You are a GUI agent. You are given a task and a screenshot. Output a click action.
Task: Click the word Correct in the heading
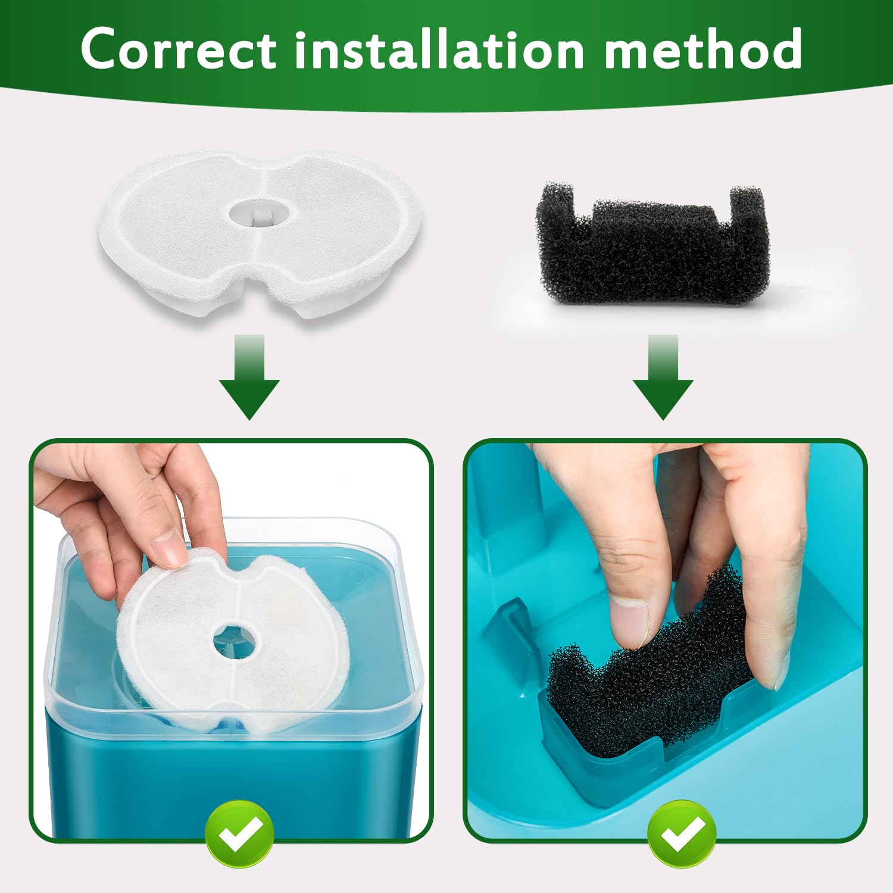tap(179, 49)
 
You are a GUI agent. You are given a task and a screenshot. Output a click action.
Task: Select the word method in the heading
tap(702, 49)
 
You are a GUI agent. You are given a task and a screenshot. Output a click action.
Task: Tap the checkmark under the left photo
tap(239, 833)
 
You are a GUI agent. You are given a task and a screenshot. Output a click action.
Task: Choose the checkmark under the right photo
tap(682, 833)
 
